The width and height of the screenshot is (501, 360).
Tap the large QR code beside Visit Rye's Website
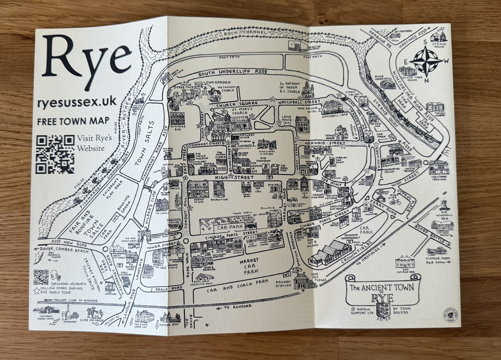click(x=55, y=154)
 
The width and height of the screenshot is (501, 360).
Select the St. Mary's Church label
click(x=239, y=111)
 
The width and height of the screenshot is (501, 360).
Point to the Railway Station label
click(x=283, y=284)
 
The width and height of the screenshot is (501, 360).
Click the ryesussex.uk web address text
click(x=77, y=102)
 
